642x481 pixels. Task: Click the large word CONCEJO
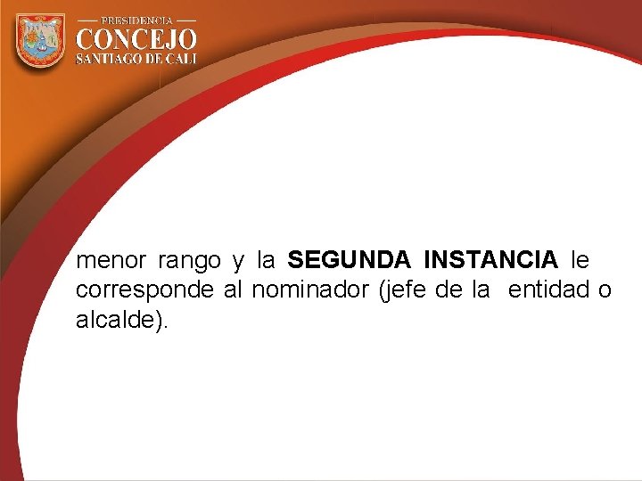coord(136,40)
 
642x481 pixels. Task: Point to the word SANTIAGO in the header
coord(110,59)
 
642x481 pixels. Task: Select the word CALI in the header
coord(179,59)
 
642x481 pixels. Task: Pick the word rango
coord(189,261)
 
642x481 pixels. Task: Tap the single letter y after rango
coord(237,262)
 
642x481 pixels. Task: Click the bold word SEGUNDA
coord(350,261)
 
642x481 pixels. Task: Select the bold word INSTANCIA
coord(491,261)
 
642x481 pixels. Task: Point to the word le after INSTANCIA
coord(580,261)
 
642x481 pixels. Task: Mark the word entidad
coord(545,290)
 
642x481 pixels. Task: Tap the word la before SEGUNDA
coord(266,261)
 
